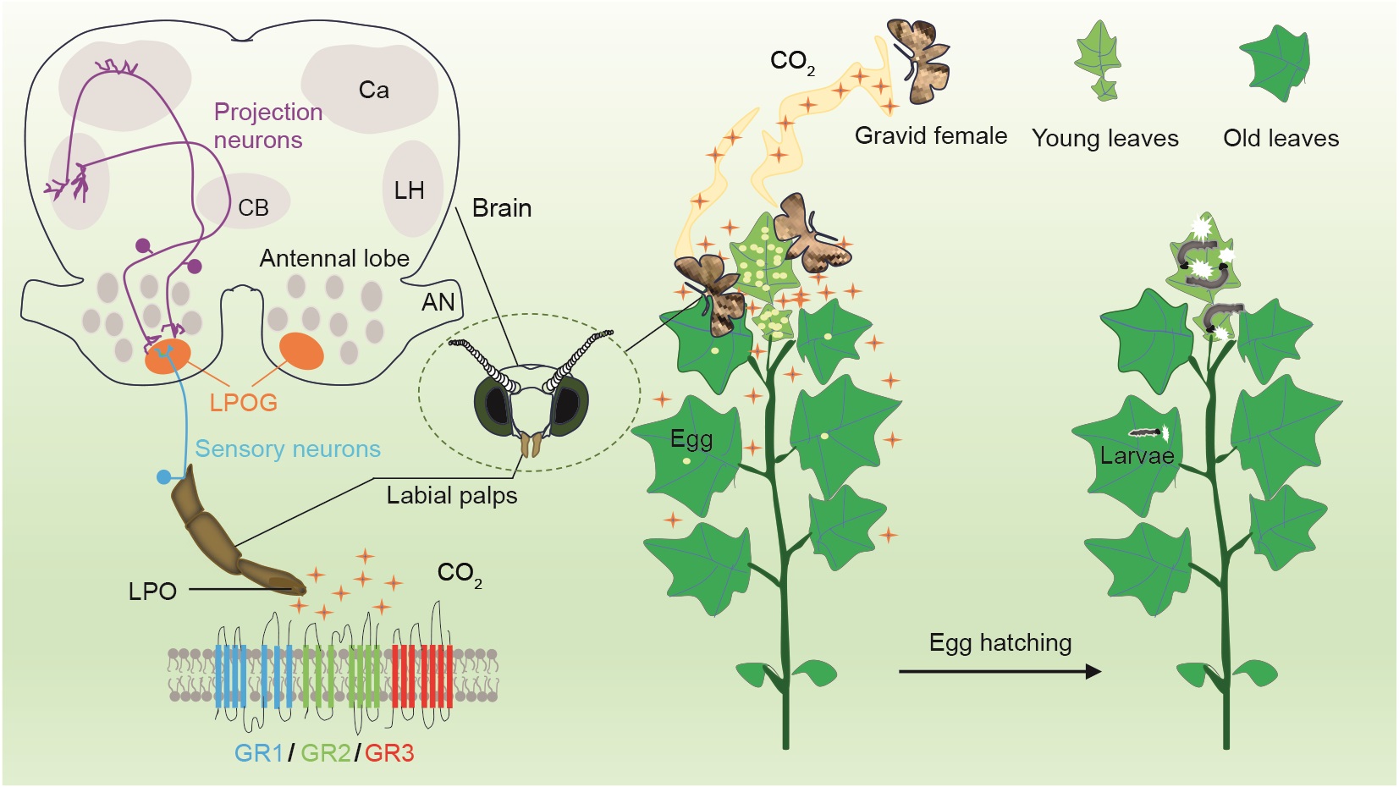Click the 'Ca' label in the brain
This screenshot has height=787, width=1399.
tap(373, 91)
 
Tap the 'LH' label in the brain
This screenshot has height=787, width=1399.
tap(409, 190)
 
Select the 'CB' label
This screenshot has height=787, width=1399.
tap(253, 207)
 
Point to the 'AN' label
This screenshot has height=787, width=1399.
tap(438, 303)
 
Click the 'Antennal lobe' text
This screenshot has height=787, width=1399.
tap(334, 258)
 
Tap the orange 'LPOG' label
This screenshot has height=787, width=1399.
tap(244, 403)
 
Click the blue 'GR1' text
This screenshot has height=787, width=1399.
tap(259, 754)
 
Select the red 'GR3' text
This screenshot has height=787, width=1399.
tap(389, 754)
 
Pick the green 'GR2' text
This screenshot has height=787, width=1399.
tap(325, 754)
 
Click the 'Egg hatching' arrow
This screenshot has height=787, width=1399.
tap(1000, 671)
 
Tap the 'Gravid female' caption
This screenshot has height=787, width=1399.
tap(931, 135)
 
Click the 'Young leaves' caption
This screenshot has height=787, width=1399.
tap(1104, 138)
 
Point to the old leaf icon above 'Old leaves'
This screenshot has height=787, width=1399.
tap(1275, 63)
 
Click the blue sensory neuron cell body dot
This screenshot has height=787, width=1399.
tap(163, 477)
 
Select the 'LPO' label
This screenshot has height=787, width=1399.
tap(152, 592)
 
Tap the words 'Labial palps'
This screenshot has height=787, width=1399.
tap(452, 496)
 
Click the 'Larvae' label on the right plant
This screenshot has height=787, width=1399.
tap(1137, 455)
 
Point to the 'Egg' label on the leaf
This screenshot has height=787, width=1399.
tap(691, 439)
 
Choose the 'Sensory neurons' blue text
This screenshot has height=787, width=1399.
tap(288, 449)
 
